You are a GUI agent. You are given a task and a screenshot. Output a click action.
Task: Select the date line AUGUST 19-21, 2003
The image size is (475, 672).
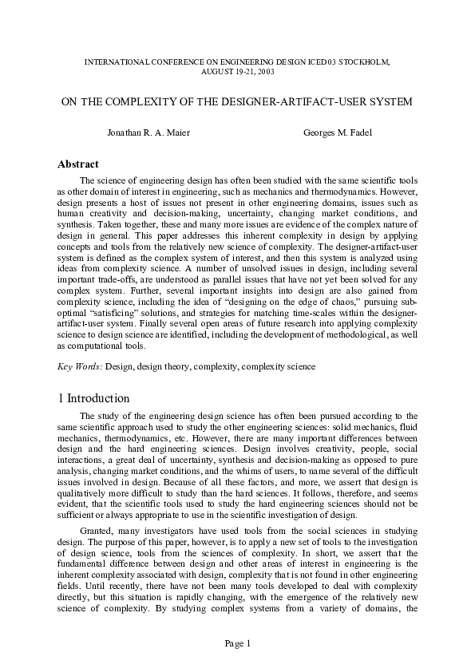click(237, 70)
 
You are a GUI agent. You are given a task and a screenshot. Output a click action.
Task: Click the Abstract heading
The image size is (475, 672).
click(77, 164)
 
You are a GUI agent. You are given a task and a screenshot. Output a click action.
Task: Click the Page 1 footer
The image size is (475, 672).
click(237, 643)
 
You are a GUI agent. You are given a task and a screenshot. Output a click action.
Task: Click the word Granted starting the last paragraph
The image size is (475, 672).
click(98, 529)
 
